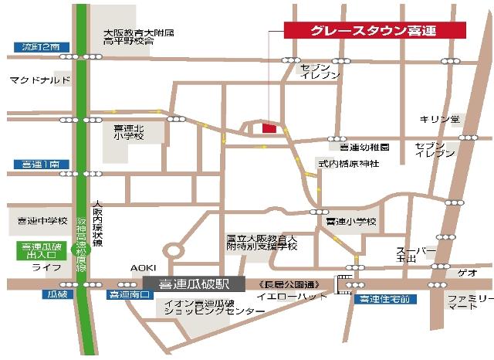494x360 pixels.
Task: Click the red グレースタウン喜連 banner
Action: pyautogui.click(x=375, y=30)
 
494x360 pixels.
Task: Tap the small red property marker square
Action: pyautogui.click(x=269, y=128)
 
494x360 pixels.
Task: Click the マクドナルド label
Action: pyautogui.click(x=40, y=80)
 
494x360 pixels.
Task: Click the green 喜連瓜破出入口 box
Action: pyautogui.click(x=36, y=250)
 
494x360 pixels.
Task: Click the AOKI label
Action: pyautogui.click(x=143, y=267)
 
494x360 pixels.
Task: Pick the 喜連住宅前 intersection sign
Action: pyautogui.click(x=384, y=299)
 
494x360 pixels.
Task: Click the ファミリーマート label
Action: pyautogui.click(x=469, y=302)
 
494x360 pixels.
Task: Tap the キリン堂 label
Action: pyautogui.click(x=439, y=119)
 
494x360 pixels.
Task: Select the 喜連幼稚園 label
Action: pyautogui.click(x=364, y=147)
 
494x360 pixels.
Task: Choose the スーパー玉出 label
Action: pyautogui.click(x=411, y=255)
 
